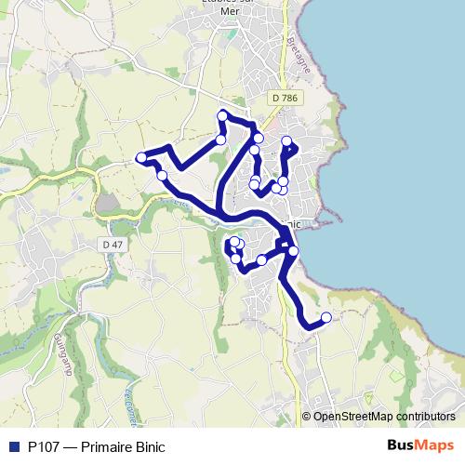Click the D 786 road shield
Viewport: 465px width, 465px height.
(x=286, y=97)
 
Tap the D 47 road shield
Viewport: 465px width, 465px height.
(x=112, y=244)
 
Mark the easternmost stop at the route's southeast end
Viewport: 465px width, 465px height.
(x=326, y=317)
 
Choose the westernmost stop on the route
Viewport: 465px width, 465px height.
(x=141, y=157)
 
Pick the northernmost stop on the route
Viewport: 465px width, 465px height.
(x=222, y=115)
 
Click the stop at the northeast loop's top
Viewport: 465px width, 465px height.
(x=286, y=141)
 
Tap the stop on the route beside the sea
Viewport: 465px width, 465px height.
(x=294, y=251)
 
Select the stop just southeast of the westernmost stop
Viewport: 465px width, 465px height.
(x=162, y=175)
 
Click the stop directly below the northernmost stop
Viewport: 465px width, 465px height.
(x=221, y=139)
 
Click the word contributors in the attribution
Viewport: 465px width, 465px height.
(x=417, y=417)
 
